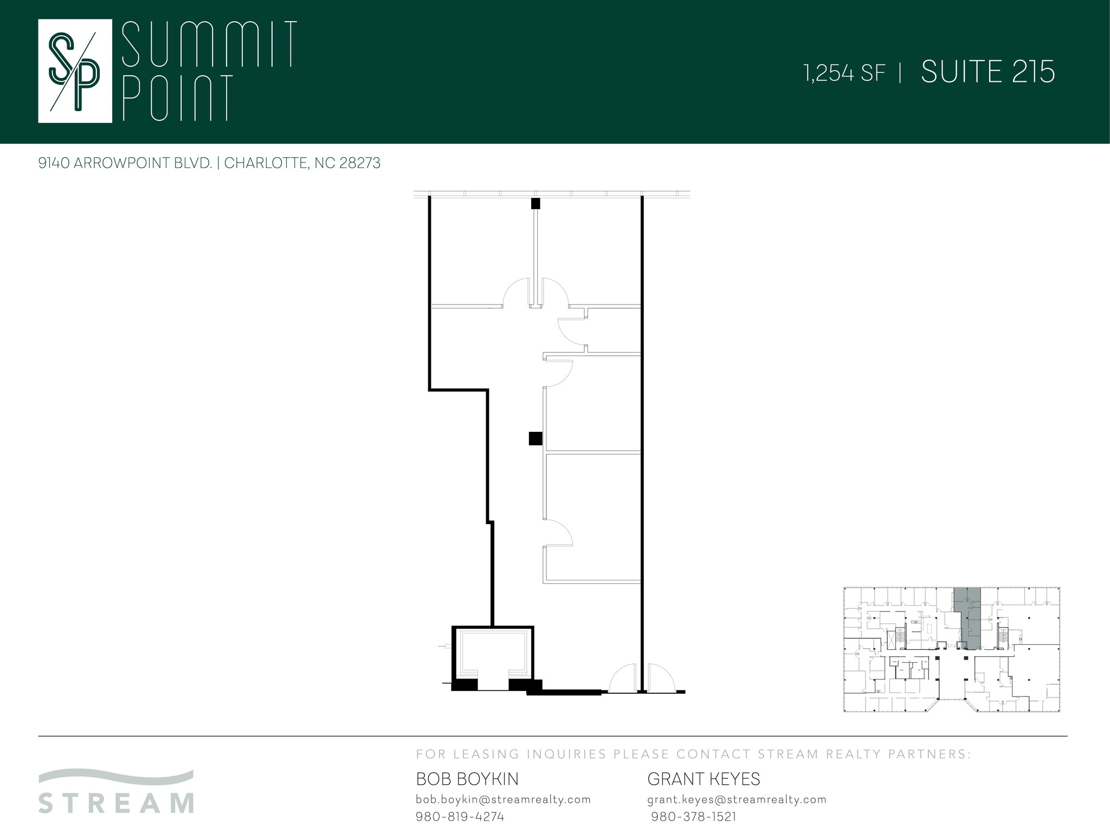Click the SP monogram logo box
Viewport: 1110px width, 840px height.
(x=75, y=71)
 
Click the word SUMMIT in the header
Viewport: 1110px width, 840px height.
(x=209, y=44)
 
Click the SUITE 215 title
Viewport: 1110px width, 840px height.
(x=988, y=72)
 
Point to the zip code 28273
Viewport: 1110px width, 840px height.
(x=360, y=163)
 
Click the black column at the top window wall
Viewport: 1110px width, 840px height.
(x=535, y=204)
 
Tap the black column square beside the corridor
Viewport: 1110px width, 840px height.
(x=535, y=438)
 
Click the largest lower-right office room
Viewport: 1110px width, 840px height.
(x=593, y=518)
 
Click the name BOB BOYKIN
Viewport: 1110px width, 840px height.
(x=467, y=779)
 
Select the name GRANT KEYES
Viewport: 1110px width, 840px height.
(x=704, y=779)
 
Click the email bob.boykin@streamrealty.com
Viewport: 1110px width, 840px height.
(x=503, y=799)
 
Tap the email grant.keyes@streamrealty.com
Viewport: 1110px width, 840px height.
(x=737, y=799)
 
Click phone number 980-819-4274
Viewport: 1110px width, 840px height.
(x=460, y=817)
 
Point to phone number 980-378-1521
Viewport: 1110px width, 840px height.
(x=694, y=817)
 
